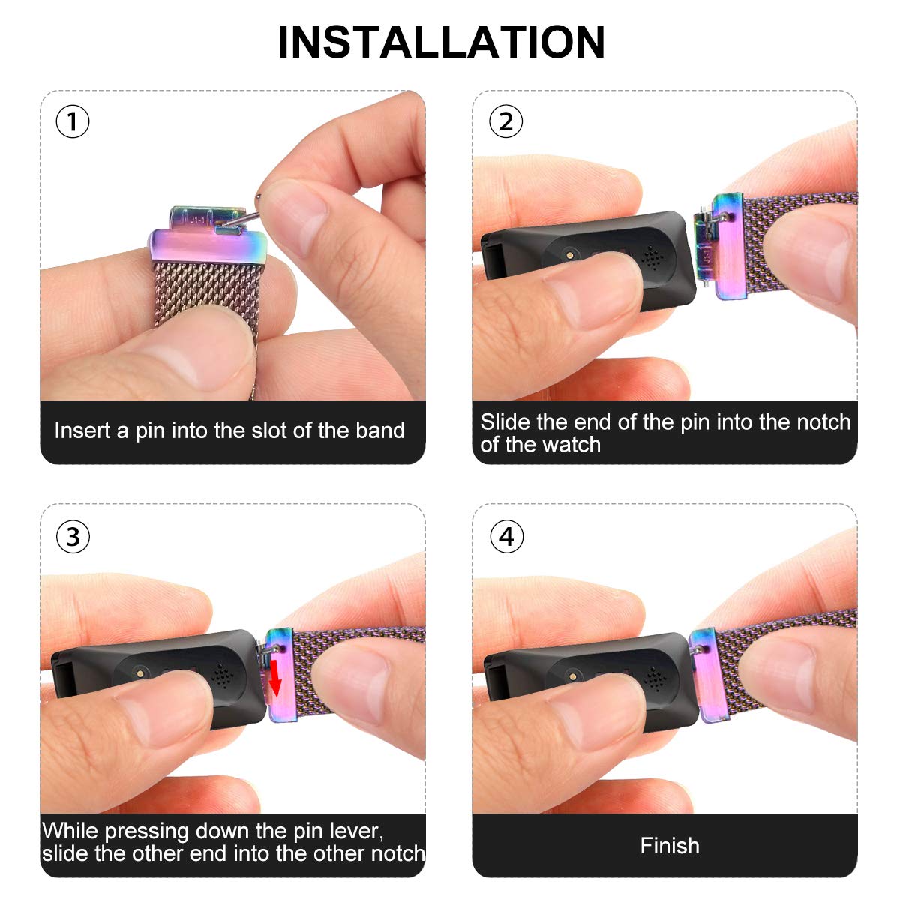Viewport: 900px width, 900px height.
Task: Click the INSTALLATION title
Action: tap(441, 43)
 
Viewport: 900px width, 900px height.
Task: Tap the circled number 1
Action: tap(73, 122)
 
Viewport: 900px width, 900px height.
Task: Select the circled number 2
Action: tap(505, 122)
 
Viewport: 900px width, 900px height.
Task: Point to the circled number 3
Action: tap(73, 537)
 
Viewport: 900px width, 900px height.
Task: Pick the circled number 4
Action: tap(507, 537)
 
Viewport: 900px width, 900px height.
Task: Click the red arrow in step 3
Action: tap(275, 678)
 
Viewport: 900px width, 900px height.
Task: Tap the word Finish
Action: tap(669, 846)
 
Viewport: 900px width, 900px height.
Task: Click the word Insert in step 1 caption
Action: tap(82, 430)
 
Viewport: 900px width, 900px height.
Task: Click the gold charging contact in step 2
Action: tap(570, 254)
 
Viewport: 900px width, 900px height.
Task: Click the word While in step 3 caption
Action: tap(70, 831)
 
